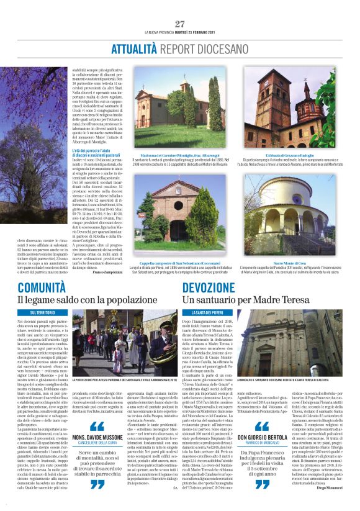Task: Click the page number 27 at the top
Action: [180, 24]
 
